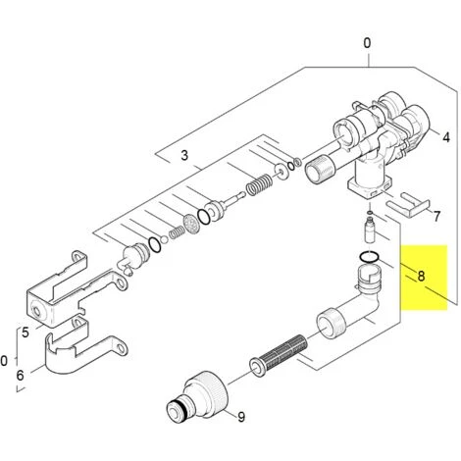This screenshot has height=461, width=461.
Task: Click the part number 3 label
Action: (184, 155)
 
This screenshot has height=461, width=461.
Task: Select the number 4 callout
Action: (446, 137)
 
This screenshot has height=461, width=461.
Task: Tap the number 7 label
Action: (436, 216)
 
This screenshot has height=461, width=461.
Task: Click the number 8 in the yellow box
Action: (421, 276)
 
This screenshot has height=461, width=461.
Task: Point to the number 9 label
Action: (241, 417)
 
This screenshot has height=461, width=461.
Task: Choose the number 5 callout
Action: (26, 333)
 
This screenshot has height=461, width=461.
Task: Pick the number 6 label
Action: (21, 375)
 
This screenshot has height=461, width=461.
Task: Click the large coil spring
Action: (259, 184)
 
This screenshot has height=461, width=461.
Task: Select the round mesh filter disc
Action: (191, 224)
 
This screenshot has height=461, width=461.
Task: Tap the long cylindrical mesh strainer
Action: (279, 355)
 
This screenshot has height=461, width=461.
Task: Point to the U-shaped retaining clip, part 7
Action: (408, 204)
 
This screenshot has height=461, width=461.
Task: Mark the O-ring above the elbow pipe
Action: (369, 257)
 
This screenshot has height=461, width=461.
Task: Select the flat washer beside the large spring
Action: (282, 171)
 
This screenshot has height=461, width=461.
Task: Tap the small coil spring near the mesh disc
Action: (177, 232)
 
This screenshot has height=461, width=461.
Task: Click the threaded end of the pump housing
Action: (320, 169)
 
